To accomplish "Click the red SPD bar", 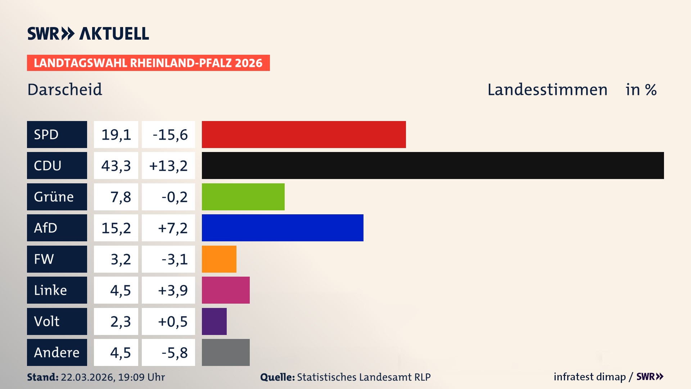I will tap(303, 134).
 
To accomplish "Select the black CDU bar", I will tap(433, 165).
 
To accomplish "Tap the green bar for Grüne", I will tap(243, 197).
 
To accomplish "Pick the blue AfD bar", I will tap(283, 228).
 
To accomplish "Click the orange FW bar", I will tap(219, 259).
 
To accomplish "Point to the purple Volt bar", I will tap(214, 321).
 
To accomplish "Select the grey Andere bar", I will tap(226, 352).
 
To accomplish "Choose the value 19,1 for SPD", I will tap(116, 134).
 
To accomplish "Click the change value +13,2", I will tap(168, 165).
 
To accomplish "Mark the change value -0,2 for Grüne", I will tap(174, 197).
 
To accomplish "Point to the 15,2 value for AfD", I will tap(116, 228).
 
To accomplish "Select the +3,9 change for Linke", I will tap(172, 290).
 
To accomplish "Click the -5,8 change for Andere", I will tap(174, 352).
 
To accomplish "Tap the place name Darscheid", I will tap(65, 89).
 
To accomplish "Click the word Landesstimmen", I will tap(547, 89).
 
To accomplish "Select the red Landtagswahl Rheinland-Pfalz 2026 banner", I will tap(148, 63).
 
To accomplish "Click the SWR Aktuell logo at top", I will tap(88, 33).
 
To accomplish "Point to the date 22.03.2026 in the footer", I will tap(87, 377).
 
